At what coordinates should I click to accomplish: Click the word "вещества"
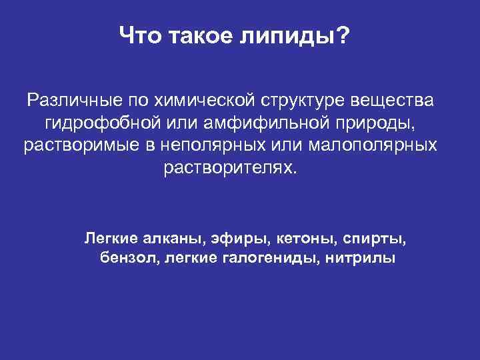[398, 101]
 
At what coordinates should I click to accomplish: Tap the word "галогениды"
[263, 258]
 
